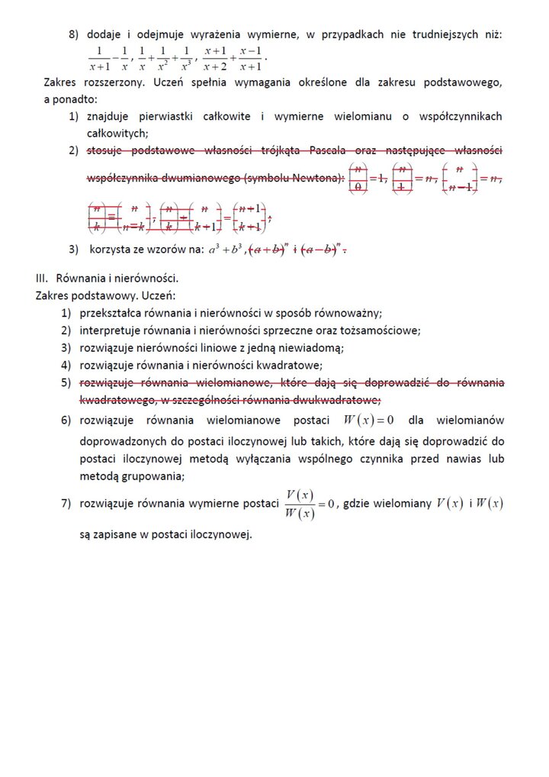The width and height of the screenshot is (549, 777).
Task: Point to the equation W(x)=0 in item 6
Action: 368,420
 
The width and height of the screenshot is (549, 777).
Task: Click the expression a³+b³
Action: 225,249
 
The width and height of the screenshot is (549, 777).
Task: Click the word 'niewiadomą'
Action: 313,348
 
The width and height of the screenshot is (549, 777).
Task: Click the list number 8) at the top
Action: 74,34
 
